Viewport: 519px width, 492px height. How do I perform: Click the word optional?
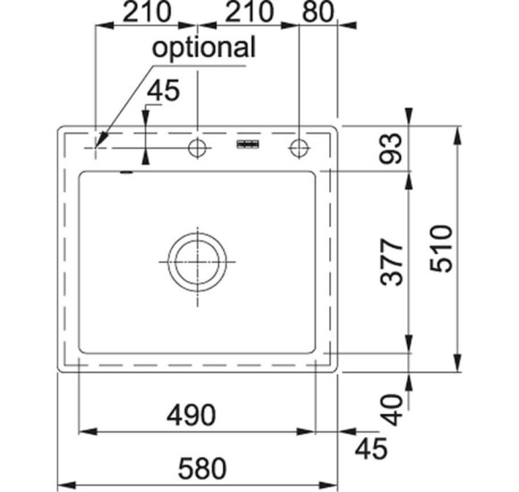pos(203,48)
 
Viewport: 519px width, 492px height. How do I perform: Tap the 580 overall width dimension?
pos(202,469)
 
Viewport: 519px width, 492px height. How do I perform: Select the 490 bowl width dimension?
pos(191,415)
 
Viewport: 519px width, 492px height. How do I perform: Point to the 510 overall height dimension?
pos(441,249)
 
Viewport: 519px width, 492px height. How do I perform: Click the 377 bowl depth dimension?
pos(392,262)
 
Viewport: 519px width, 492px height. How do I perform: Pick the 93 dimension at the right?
pos(391,148)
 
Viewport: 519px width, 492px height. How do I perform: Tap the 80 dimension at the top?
pos(318,12)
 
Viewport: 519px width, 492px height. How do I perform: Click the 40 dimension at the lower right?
pos(392,410)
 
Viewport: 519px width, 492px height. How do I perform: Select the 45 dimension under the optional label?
pos(163,90)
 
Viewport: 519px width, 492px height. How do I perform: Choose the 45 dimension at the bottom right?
pos(370,449)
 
